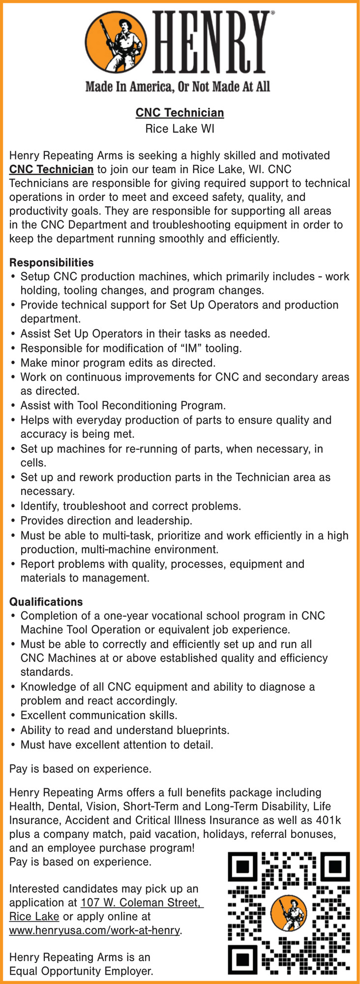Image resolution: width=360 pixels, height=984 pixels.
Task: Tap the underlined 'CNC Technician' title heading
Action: (180, 113)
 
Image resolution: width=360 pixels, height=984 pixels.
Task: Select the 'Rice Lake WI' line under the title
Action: (180, 129)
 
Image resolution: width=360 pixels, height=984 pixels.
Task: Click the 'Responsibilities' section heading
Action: (52, 263)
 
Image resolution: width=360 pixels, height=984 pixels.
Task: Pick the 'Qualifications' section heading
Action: (46, 602)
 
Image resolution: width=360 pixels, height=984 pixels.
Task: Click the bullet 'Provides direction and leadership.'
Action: (106, 521)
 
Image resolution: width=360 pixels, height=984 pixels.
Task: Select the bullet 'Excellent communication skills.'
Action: (98, 716)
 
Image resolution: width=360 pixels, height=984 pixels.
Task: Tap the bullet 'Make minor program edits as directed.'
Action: (118, 363)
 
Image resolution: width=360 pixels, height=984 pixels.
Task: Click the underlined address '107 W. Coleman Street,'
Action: (142, 903)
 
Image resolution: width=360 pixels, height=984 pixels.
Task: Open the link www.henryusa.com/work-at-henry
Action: (94, 931)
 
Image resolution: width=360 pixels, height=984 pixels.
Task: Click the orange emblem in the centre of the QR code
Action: (289, 913)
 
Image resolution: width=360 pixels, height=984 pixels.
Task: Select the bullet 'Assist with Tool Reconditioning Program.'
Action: (123, 406)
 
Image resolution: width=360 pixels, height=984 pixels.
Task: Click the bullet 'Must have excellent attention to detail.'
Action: (117, 745)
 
